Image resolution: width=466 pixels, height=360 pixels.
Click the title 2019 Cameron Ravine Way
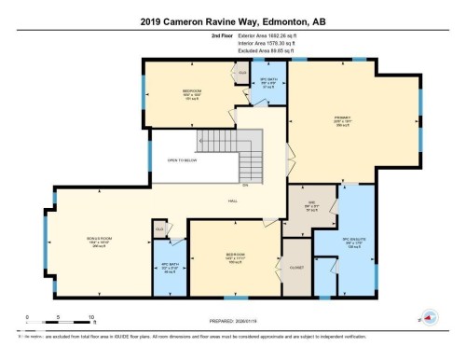tap(233, 21)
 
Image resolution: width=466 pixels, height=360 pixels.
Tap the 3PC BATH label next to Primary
tap(268, 80)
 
